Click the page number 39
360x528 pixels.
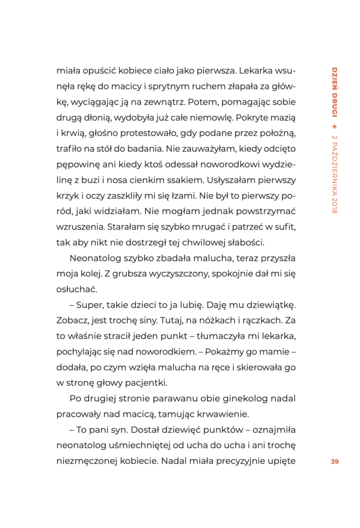coord(334,461)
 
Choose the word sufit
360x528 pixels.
coord(284,227)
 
